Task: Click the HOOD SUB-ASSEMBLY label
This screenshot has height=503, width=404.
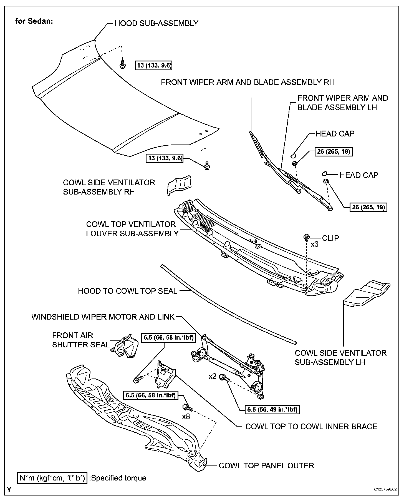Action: (156, 23)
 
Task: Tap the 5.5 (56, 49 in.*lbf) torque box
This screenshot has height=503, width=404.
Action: (272, 409)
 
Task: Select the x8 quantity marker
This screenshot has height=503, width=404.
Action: (186, 417)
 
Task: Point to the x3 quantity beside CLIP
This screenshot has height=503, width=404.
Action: (314, 245)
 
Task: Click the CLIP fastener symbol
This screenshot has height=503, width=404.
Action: (306, 238)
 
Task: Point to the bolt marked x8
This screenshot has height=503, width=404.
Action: (187, 407)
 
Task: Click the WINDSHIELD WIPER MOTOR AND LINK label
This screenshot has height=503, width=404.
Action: (103, 317)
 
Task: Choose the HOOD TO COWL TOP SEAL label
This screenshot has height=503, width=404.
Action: (128, 291)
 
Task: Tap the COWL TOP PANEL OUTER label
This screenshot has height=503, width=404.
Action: (266, 465)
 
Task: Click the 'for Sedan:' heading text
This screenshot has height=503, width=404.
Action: (34, 21)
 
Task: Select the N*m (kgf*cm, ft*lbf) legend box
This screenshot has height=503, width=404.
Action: (52, 478)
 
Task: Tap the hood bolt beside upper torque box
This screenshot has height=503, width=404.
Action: (122, 65)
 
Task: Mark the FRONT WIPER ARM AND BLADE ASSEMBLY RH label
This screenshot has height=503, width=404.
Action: (248, 82)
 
